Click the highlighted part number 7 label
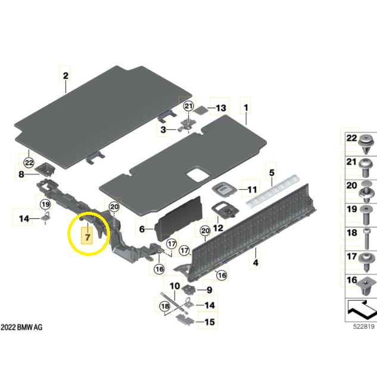(87, 237)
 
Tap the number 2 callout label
(66, 76)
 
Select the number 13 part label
(221, 108)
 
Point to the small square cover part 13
(201, 110)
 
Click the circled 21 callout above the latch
(188, 106)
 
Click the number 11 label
(252, 190)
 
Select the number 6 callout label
(142, 229)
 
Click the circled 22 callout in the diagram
(29, 163)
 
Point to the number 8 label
(21, 174)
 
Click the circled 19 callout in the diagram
(45, 205)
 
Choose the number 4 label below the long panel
(256, 263)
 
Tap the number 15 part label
(210, 322)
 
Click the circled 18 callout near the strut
(165, 306)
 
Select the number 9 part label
(210, 290)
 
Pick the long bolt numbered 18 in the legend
(367, 239)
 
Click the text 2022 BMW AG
(21, 327)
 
